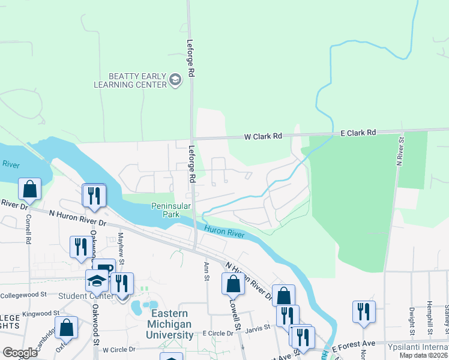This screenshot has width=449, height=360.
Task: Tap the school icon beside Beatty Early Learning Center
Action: pyautogui.click(x=175, y=80)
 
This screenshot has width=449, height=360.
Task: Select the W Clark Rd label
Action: pyautogui.click(x=262, y=136)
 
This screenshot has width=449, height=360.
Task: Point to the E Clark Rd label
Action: pyautogui.click(x=358, y=132)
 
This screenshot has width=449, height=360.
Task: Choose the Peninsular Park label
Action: pyautogui.click(x=171, y=210)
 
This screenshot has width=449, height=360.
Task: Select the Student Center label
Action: pyautogui.click(x=85, y=296)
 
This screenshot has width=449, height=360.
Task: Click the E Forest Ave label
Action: pyautogui.click(x=354, y=346)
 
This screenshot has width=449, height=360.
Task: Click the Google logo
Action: pyautogui.click(x=20, y=352)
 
